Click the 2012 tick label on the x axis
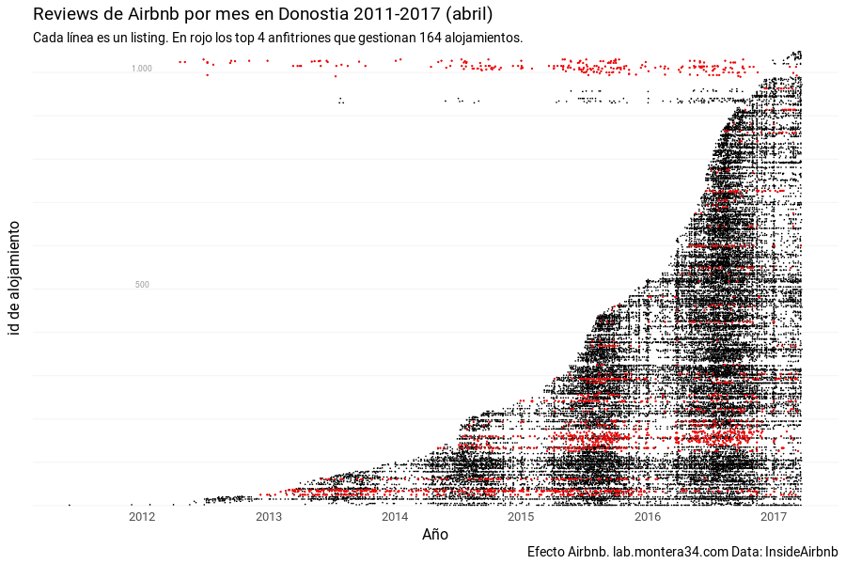[x=142, y=517]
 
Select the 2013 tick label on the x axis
[x=268, y=517]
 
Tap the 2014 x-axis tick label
[x=395, y=517]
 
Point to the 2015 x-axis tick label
[x=521, y=517]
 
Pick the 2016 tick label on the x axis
[x=648, y=517]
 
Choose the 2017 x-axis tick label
[x=774, y=517]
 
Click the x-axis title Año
[x=435, y=535]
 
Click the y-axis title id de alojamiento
[x=15, y=278]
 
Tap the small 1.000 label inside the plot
[x=141, y=69]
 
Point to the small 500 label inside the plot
[x=142, y=285]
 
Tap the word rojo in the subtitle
[x=188, y=38]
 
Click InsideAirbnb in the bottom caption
[x=802, y=551]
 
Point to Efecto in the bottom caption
[x=546, y=551]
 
